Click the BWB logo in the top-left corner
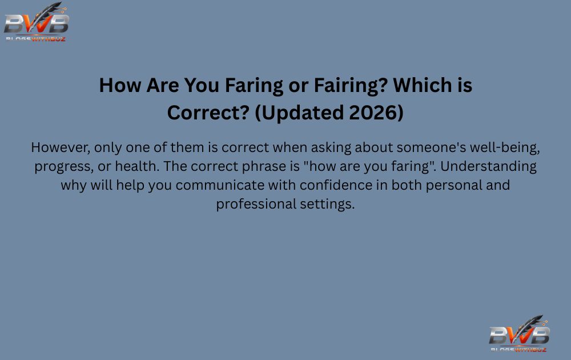tap(36, 23)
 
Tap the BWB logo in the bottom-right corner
tap(519, 334)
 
